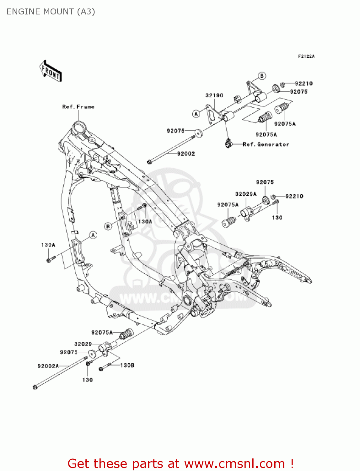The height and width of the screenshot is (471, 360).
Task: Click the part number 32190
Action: tap(214, 95)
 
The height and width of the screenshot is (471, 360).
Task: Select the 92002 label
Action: tap(186, 154)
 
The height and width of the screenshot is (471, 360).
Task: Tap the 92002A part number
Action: tap(48, 366)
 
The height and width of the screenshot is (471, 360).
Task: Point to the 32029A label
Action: tap(246, 194)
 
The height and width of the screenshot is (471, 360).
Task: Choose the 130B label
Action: tap(127, 365)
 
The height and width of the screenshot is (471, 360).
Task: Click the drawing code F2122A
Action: tap(306, 56)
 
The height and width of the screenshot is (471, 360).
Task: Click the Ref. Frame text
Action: tap(78, 107)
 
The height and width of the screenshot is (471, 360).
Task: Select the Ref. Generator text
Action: tap(266, 144)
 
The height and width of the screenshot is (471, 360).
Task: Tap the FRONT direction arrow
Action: tap(51, 71)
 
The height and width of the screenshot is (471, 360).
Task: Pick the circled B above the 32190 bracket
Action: tap(262, 76)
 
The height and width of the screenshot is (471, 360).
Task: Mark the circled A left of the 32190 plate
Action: tap(196, 114)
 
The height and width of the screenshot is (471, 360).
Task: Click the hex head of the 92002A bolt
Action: tap(35, 387)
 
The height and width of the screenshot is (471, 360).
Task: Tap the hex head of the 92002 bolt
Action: tap(149, 162)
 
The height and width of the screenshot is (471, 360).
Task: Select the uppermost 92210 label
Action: tap(304, 84)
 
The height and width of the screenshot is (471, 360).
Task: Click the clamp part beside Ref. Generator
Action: tap(228, 143)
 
